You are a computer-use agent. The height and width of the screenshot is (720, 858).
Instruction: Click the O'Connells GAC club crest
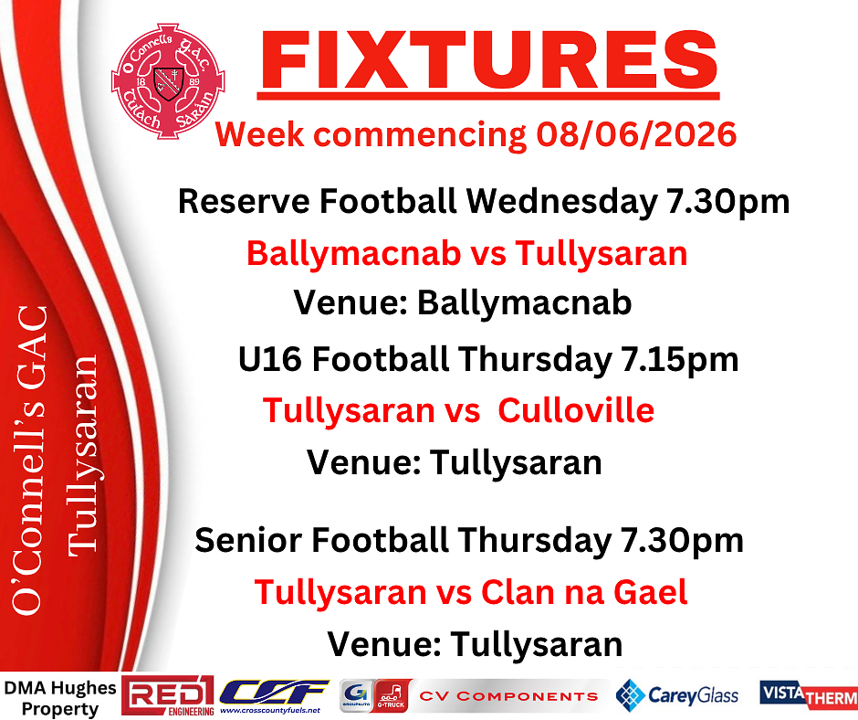(168, 80)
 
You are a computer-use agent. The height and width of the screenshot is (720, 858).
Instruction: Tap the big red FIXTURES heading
(488, 60)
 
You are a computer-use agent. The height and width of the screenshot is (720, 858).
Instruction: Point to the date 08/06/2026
(636, 134)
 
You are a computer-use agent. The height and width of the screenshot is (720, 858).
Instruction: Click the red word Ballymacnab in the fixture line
(353, 254)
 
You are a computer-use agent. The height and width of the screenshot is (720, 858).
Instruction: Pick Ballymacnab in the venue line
(524, 302)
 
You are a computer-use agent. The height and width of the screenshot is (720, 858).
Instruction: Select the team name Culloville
(576, 410)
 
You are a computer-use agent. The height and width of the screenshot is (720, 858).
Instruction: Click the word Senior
(248, 540)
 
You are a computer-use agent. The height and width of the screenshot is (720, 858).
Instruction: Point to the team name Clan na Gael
(584, 593)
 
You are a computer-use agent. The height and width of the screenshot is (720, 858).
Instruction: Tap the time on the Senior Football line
(682, 541)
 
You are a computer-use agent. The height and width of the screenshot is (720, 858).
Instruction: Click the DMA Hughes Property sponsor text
(59, 698)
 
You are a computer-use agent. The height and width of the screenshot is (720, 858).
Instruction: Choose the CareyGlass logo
(677, 695)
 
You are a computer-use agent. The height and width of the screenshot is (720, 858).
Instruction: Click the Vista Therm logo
(808, 694)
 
